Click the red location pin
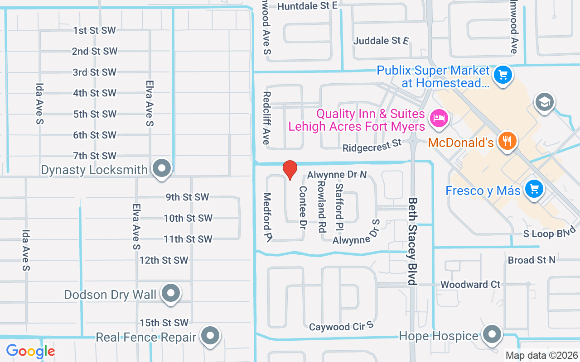click(290, 170)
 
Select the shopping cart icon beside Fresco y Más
click(534, 189)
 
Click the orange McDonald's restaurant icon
click(507, 141)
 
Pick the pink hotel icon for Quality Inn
click(439, 119)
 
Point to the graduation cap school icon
click(544, 102)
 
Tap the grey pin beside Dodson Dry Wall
click(171, 293)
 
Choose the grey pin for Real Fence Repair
click(210, 336)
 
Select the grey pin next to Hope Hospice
click(492, 335)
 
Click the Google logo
click(30, 351)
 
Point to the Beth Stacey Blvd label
click(412, 241)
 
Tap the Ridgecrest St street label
click(372, 146)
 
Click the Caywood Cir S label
click(341, 326)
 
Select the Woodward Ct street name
click(470, 285)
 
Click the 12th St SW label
click(164, 260)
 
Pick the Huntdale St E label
click(308, 6)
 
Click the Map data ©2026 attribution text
click(541, 356)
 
